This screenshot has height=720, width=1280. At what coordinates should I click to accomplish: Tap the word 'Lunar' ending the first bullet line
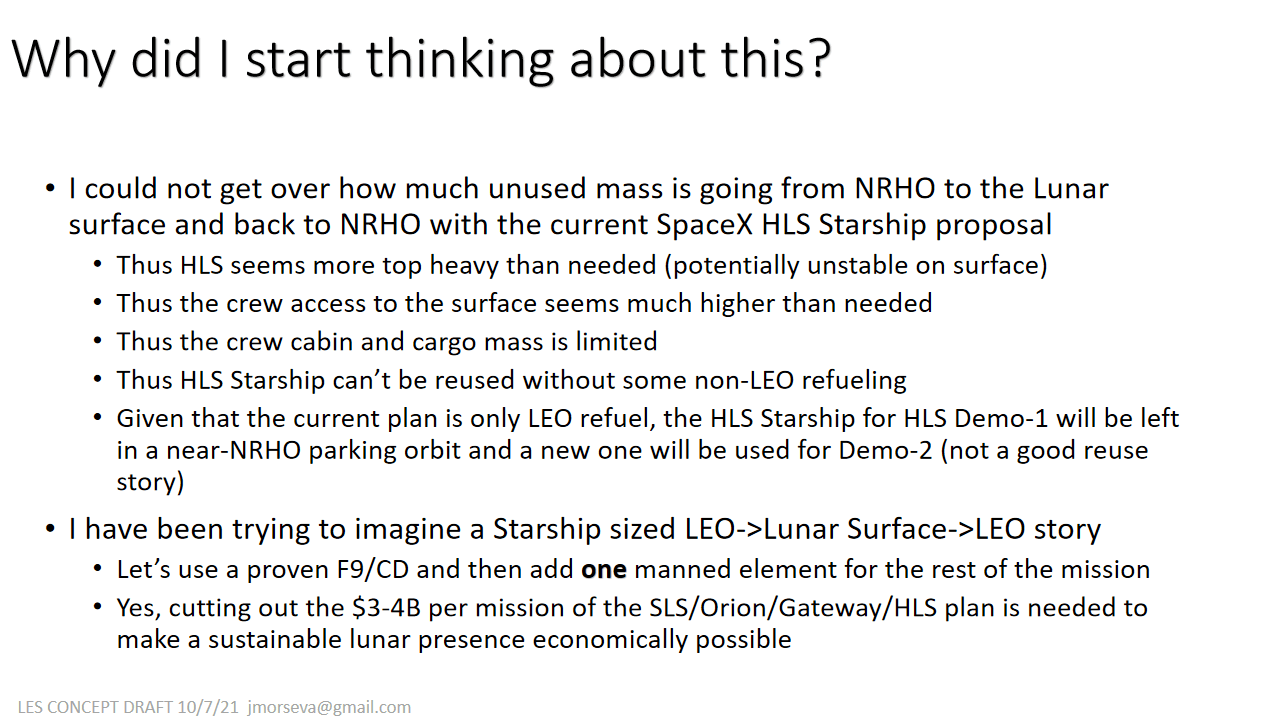[x=1070, y=189]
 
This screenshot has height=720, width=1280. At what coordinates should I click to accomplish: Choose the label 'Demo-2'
[x=886, y=450]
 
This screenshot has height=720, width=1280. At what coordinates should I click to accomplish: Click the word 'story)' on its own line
[x=150, y=482]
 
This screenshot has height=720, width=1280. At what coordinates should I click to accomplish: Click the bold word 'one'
[x=604, y=571]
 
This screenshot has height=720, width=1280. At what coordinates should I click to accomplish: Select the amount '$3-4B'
[x=386, y=608]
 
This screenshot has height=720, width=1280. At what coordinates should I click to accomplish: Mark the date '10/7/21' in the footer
[x=208, y=707]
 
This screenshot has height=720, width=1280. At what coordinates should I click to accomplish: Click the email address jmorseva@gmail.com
[x=329, y=708]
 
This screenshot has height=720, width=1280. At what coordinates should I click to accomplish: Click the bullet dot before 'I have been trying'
[x=50, y=529]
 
